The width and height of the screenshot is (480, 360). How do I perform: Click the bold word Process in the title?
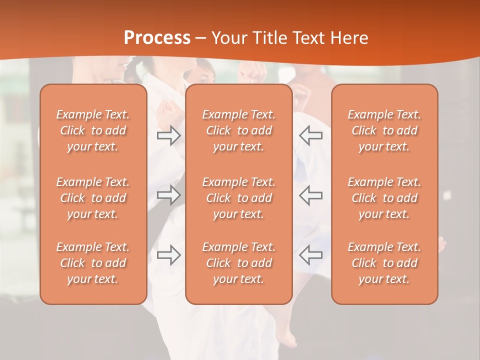157,38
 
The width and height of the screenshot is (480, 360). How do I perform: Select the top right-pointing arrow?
168,135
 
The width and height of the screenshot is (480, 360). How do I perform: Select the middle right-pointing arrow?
168,194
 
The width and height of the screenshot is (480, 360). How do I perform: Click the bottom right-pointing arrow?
168,255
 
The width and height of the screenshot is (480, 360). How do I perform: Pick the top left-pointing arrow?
311,135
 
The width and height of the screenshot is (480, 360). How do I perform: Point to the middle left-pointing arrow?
311,194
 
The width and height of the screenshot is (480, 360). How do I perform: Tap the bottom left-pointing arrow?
311,255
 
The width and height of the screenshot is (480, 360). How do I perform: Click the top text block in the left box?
93,130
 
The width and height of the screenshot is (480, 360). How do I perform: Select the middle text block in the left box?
93,198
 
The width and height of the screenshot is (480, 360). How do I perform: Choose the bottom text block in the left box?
93,263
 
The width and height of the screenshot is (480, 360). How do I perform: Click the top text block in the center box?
239,130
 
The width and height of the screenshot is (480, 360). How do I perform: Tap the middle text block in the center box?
239,198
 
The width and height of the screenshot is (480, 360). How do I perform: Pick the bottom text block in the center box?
239,263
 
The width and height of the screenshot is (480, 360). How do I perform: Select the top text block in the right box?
384,130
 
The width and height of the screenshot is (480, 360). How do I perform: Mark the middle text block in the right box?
384,198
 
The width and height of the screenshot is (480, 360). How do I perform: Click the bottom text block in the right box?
384,263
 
